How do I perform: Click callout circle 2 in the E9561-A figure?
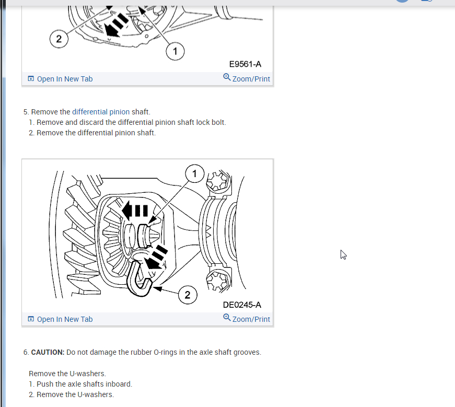tap(59, 39)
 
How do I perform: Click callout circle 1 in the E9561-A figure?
tap(175, 51)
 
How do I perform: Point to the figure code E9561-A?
tap(245, 64)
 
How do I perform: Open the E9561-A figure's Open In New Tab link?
tap(60, 79)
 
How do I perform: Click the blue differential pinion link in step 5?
tap(101, 112)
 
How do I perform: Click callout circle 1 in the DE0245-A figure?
tap(194, 173)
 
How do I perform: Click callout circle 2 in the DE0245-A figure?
tap(188, 295)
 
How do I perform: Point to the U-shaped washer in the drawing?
tap(139, 282)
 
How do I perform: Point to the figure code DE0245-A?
tap(242, 305)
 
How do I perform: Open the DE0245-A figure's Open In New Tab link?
tap(60, 319)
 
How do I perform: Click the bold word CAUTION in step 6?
tap(48, 352)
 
